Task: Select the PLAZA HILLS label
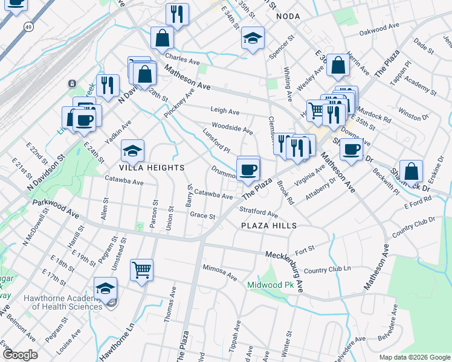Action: [x=269, y=225]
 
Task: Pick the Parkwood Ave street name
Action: [x=56, y=209]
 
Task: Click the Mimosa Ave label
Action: [x=220, y=272]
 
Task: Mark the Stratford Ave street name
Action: [x=258, y=212]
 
